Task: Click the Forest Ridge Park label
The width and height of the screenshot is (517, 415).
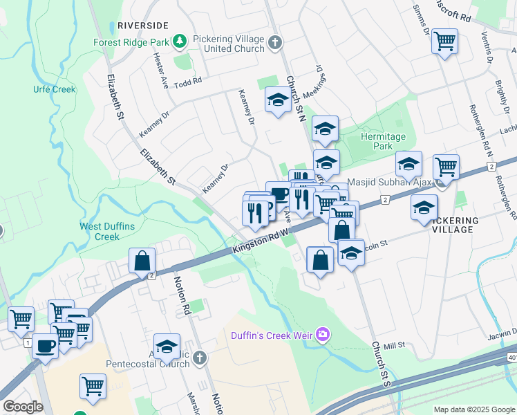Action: [131, 41]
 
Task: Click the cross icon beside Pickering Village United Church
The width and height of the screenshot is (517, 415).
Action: [275, 42]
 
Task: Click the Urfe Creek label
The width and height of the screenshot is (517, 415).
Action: [54, 89]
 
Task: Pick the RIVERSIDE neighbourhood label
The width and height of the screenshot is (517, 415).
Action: [143, 25]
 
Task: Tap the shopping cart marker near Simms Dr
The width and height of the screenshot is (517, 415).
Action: [445, 41]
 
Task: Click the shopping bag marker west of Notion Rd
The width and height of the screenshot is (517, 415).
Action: [142, 261]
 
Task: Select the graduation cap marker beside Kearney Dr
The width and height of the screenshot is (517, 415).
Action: [278, 100]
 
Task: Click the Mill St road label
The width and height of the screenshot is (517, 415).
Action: [394, 344]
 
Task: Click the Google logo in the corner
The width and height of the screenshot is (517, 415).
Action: [22, 407]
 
